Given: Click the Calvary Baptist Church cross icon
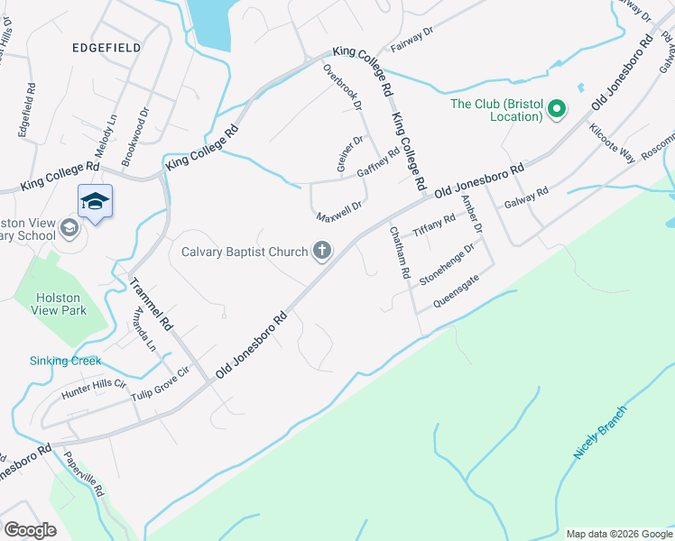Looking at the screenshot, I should click(x=321, y=252).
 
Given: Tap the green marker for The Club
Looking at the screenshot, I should click(x=557, y=111).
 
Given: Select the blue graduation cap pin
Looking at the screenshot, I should click(x=95, y=202).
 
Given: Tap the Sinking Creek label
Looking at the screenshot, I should click(x=65, y=361).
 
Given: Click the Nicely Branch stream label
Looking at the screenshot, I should click(x=599, y=433).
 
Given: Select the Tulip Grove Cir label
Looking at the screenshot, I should click(x=161, y=384).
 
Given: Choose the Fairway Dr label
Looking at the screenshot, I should click(x=411, y=41).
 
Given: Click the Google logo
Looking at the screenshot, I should click(x=30, y=530).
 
